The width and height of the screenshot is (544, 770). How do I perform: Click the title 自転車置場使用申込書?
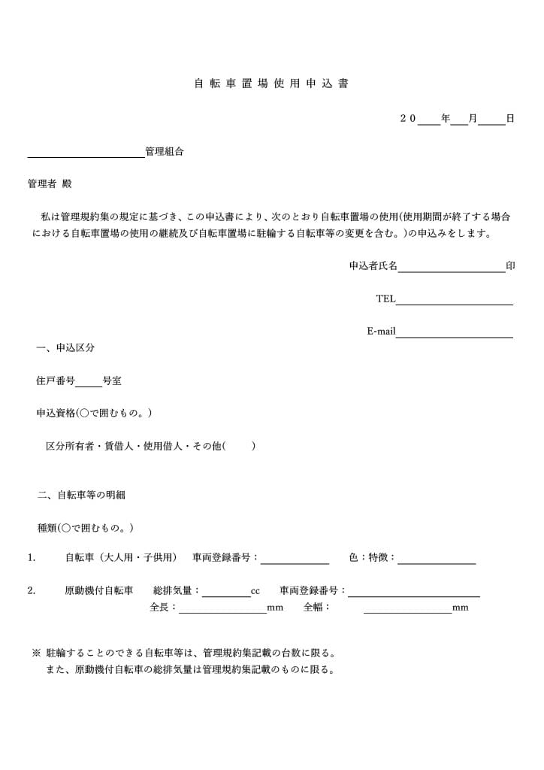pyautogui.click(x=271, y=83)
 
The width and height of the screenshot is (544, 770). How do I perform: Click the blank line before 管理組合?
pyautogui.click(x=86, y=153)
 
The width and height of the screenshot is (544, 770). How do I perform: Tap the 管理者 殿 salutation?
pyautogui.click(x=50, y=184)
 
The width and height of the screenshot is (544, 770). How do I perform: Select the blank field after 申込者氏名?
pyautogui.click(x=451, y=267)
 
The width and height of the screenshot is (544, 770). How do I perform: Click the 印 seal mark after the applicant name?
pyautogui.click(x=511, y=266)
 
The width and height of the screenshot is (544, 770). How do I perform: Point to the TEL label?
pyautogui.click(x=385, y=299)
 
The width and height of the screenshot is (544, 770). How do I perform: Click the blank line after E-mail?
pyautogui.click(x=454, y=332)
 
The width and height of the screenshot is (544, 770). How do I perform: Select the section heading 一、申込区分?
pyautogui.click(x=65, y=348)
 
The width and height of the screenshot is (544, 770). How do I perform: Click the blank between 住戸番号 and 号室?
pyautogui.click(x=89, y=382)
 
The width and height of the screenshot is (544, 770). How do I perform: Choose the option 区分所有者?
pyautogui.click(x=70, y=446)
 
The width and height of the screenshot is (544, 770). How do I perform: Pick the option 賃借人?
pyautogui.click(x=118, y=446)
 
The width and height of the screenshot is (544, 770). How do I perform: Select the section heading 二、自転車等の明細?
pyautogui.click(x=81, y=495)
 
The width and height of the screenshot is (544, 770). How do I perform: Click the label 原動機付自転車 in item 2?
pyautogui.click(x=98, y=591)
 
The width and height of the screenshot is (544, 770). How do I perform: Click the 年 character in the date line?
pyautogui.click(x=446, y=119)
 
